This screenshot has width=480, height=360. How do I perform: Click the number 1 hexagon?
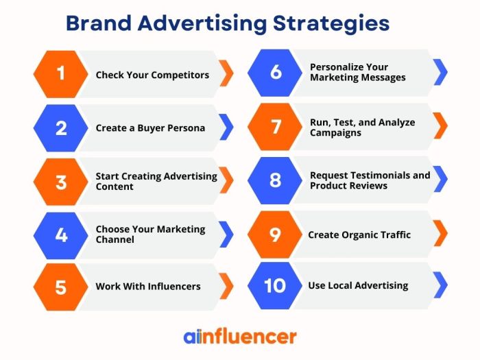click(60, 73)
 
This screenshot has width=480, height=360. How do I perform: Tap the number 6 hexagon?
click(276, 71)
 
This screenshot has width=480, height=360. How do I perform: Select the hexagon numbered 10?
click(275, 285)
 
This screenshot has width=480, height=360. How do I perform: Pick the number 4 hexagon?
click(60, 235)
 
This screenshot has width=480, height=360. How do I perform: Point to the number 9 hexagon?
click(275, 235)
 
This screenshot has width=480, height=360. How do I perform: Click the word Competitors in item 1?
click(180, 75)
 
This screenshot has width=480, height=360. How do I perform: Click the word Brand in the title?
click(99, 23)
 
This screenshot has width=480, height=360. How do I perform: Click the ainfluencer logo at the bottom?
click(239, 336)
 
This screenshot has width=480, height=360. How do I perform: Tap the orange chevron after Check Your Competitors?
click(226, 73)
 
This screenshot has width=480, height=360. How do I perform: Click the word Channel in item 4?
click(115, 239)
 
